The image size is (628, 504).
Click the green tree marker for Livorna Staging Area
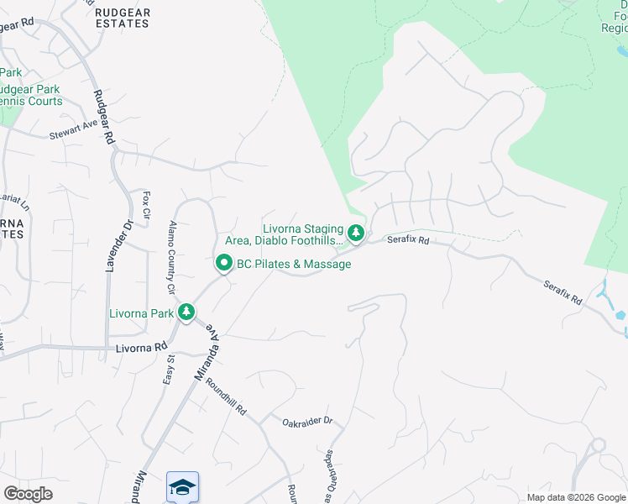[x=356, y=233]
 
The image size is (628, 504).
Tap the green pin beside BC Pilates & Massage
[x=224, y=264]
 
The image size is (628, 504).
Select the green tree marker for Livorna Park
[x=186, y=313]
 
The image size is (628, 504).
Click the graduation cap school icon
[x=182, y=486]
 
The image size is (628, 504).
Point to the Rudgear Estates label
[x=122, y=18]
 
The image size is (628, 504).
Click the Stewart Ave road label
[x=73, y=133]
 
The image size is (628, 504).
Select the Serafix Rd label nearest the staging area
[x=408, y=240]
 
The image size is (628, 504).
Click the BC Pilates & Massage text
[x=294, y=265]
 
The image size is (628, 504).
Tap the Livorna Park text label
[x=141, y=314]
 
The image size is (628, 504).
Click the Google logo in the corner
[x=28, y=494]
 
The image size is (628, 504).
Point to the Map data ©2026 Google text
[x=575, y=497]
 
